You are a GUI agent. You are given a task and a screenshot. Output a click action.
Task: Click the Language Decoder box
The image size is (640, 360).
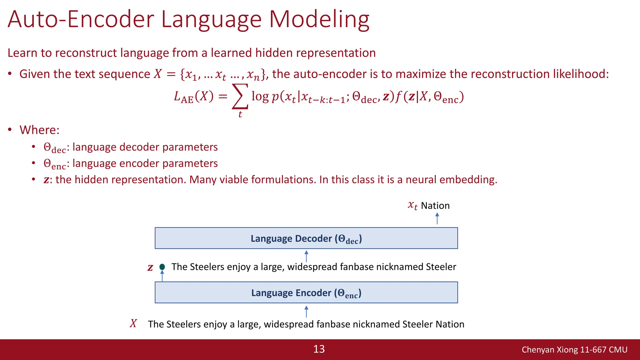point(306,238)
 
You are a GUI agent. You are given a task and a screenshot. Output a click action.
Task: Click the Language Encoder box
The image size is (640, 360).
point(306,293)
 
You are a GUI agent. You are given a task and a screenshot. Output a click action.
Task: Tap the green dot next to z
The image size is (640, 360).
point(162,267)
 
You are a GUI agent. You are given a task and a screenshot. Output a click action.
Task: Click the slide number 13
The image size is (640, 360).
point(319,349)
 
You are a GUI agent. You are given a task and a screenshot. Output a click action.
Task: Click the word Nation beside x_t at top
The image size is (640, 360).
point(435,206)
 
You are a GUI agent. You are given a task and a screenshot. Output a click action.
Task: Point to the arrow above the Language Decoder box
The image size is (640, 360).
point(437,218)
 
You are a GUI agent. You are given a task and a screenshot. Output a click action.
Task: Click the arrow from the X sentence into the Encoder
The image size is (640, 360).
point(306,312)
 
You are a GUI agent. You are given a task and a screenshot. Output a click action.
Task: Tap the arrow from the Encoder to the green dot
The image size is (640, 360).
point(162,276)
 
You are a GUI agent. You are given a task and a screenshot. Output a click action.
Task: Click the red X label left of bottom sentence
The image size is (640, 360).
point(133,323)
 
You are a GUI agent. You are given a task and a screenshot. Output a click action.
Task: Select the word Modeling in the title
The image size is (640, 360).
point(319,19)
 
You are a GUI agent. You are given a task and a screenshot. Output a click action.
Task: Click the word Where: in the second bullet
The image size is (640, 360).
point(39,130)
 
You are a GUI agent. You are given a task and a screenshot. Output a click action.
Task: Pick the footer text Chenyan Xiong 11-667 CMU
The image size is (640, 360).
point(574,350)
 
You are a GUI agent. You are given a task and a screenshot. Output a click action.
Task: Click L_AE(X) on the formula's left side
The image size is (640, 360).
point(193,97)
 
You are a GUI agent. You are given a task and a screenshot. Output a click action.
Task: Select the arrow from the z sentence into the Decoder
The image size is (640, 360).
point(306,256)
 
